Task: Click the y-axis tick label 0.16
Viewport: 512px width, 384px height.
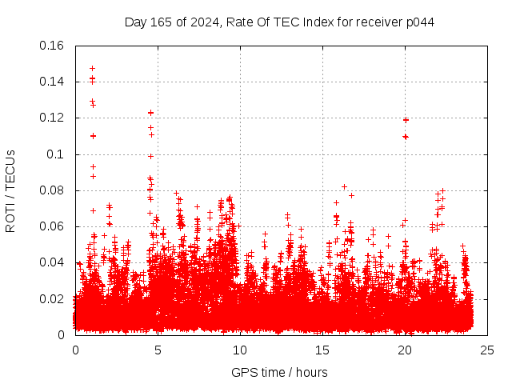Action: [x=53, y=46]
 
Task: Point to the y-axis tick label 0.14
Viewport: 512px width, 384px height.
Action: [x=53, y=82]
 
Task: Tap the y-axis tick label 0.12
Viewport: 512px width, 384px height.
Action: [x=53, y=118]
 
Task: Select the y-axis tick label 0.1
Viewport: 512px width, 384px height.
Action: [x=58, y=154]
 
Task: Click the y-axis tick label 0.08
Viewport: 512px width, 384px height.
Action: [x=53, y=190]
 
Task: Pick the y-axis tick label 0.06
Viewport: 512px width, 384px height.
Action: [x=53, y=226]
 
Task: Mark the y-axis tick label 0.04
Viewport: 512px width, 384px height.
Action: [x=53, y=262]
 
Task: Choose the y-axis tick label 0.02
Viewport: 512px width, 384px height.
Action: [x=53, y=298]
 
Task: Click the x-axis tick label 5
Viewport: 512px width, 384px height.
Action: [x=158, y=350]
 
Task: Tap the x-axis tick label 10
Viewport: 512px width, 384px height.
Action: [x=240, y=350]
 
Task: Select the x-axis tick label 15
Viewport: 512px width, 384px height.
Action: [x=322, y=350]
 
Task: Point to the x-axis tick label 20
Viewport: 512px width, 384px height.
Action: [x=405, y=350]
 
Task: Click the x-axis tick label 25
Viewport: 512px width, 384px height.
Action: [x=487, y=350]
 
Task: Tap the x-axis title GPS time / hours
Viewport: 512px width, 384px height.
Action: [x=279, y=372]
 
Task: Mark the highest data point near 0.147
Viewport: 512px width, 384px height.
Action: [x=92, y=68]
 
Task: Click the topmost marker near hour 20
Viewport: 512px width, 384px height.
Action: [x=406, y=120]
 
